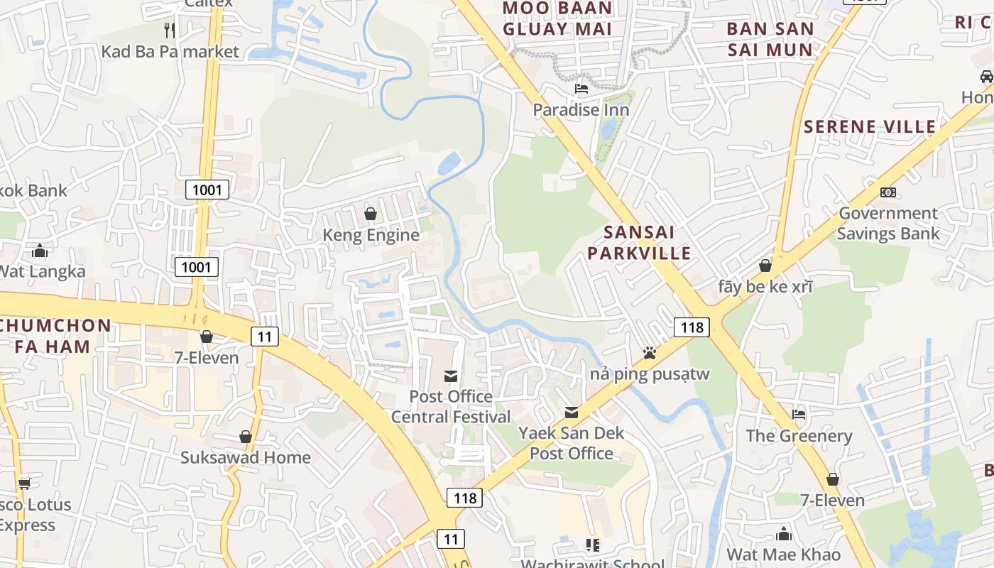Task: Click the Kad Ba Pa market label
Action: (x=170, y=51)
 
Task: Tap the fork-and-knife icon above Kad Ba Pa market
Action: (x=170, y=30)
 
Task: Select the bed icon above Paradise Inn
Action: (x=581, y=89)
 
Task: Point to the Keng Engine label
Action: (x=371, y=235)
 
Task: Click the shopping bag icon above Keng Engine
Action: (x=371, y=214)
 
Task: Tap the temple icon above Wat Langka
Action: (x=40, y=251)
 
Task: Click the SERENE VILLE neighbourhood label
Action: (x=870, y=127)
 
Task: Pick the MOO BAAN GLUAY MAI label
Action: (x=557, y=18)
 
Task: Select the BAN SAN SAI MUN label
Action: (x=770, y=40)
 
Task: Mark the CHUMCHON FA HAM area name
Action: (x=55, y=337)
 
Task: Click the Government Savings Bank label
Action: (x=887, y=223)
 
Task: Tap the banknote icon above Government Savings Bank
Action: (x=887, y=192)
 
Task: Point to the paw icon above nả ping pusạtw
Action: (x=649, y=353)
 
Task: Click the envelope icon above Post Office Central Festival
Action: (x=451, y=376)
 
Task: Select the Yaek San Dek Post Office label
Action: (x=571, y=443)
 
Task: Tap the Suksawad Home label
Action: (x=245, y=457)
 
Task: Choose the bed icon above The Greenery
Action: (x=799, y=415)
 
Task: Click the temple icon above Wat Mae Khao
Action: (x=783, y=533)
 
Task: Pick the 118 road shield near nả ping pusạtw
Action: (x=692, y=327)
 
